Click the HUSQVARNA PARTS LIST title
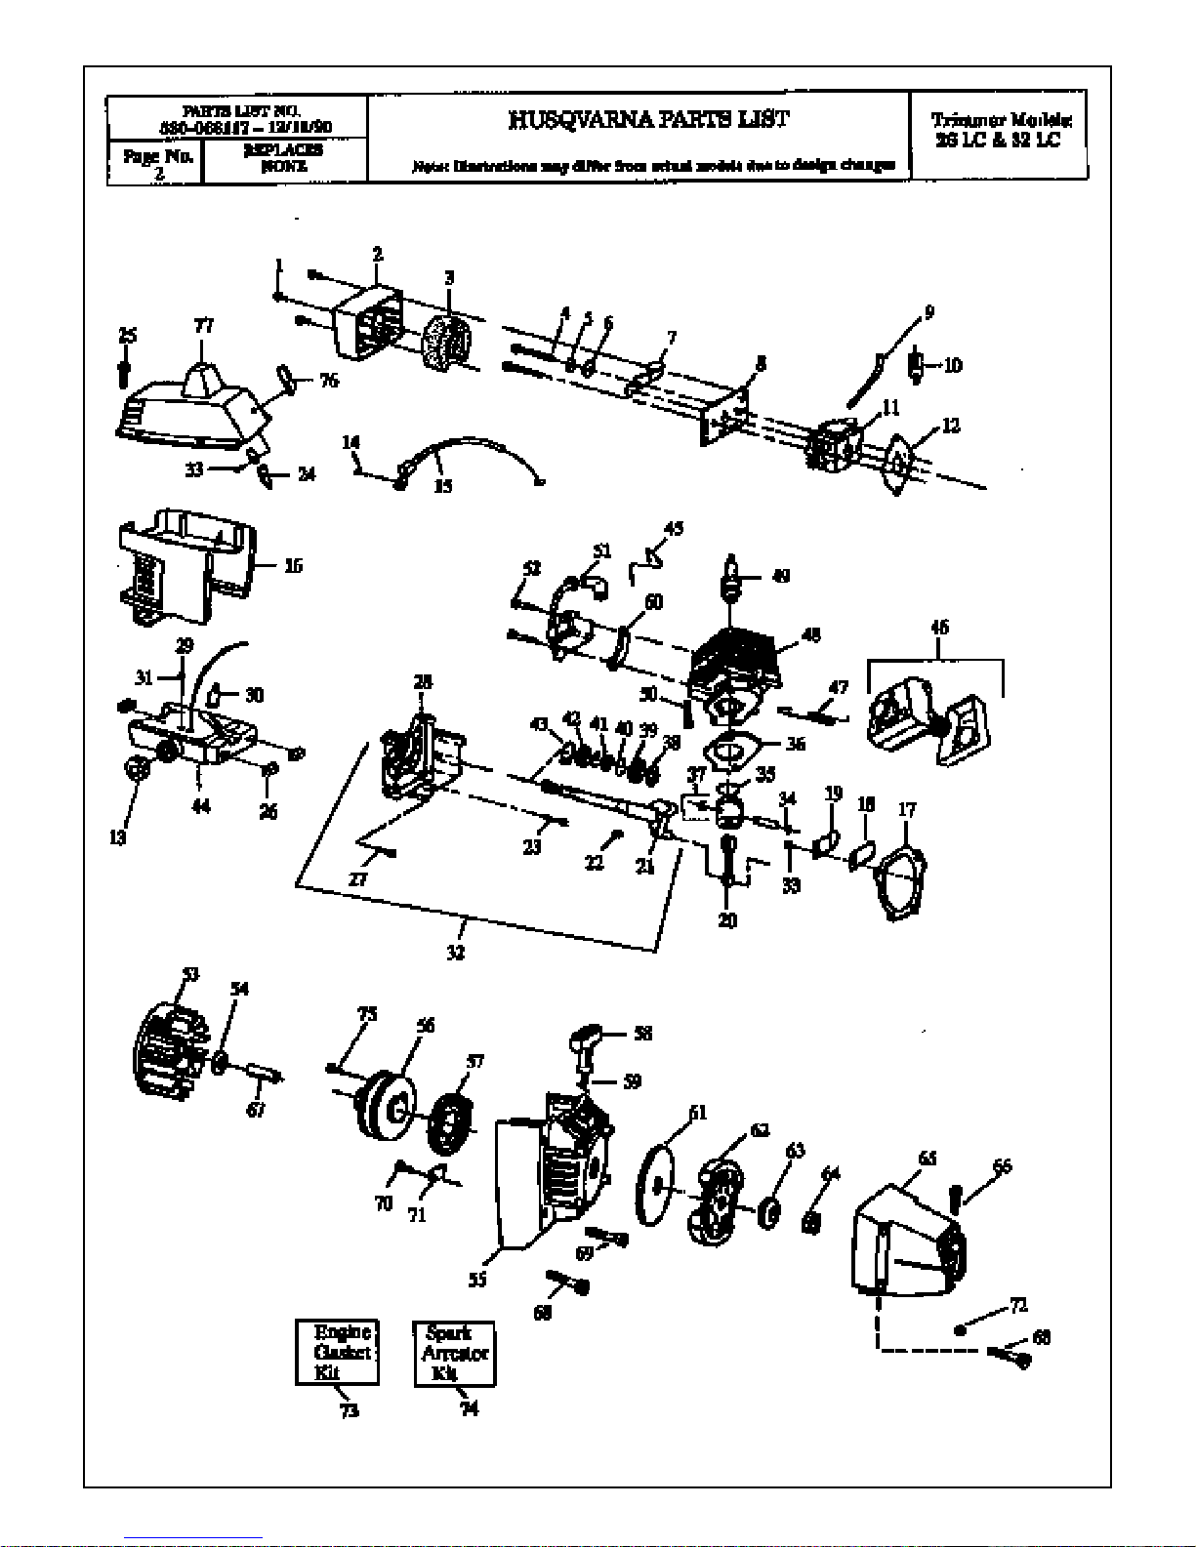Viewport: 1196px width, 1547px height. click(648, 120)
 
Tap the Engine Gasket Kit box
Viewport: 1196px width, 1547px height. click(337, 1352)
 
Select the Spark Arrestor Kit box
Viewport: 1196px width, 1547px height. click(454, 1352)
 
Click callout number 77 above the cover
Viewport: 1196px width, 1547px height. click(203, 326)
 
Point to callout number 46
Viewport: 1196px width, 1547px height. click(939, 628)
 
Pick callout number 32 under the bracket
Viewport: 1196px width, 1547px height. click(455, 953)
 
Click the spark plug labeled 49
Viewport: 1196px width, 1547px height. click(729, 576)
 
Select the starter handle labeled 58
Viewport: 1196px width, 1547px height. click(589, 1040)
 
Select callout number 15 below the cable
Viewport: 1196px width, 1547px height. click(442, 485)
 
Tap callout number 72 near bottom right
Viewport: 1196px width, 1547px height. click(1018, 1305)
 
